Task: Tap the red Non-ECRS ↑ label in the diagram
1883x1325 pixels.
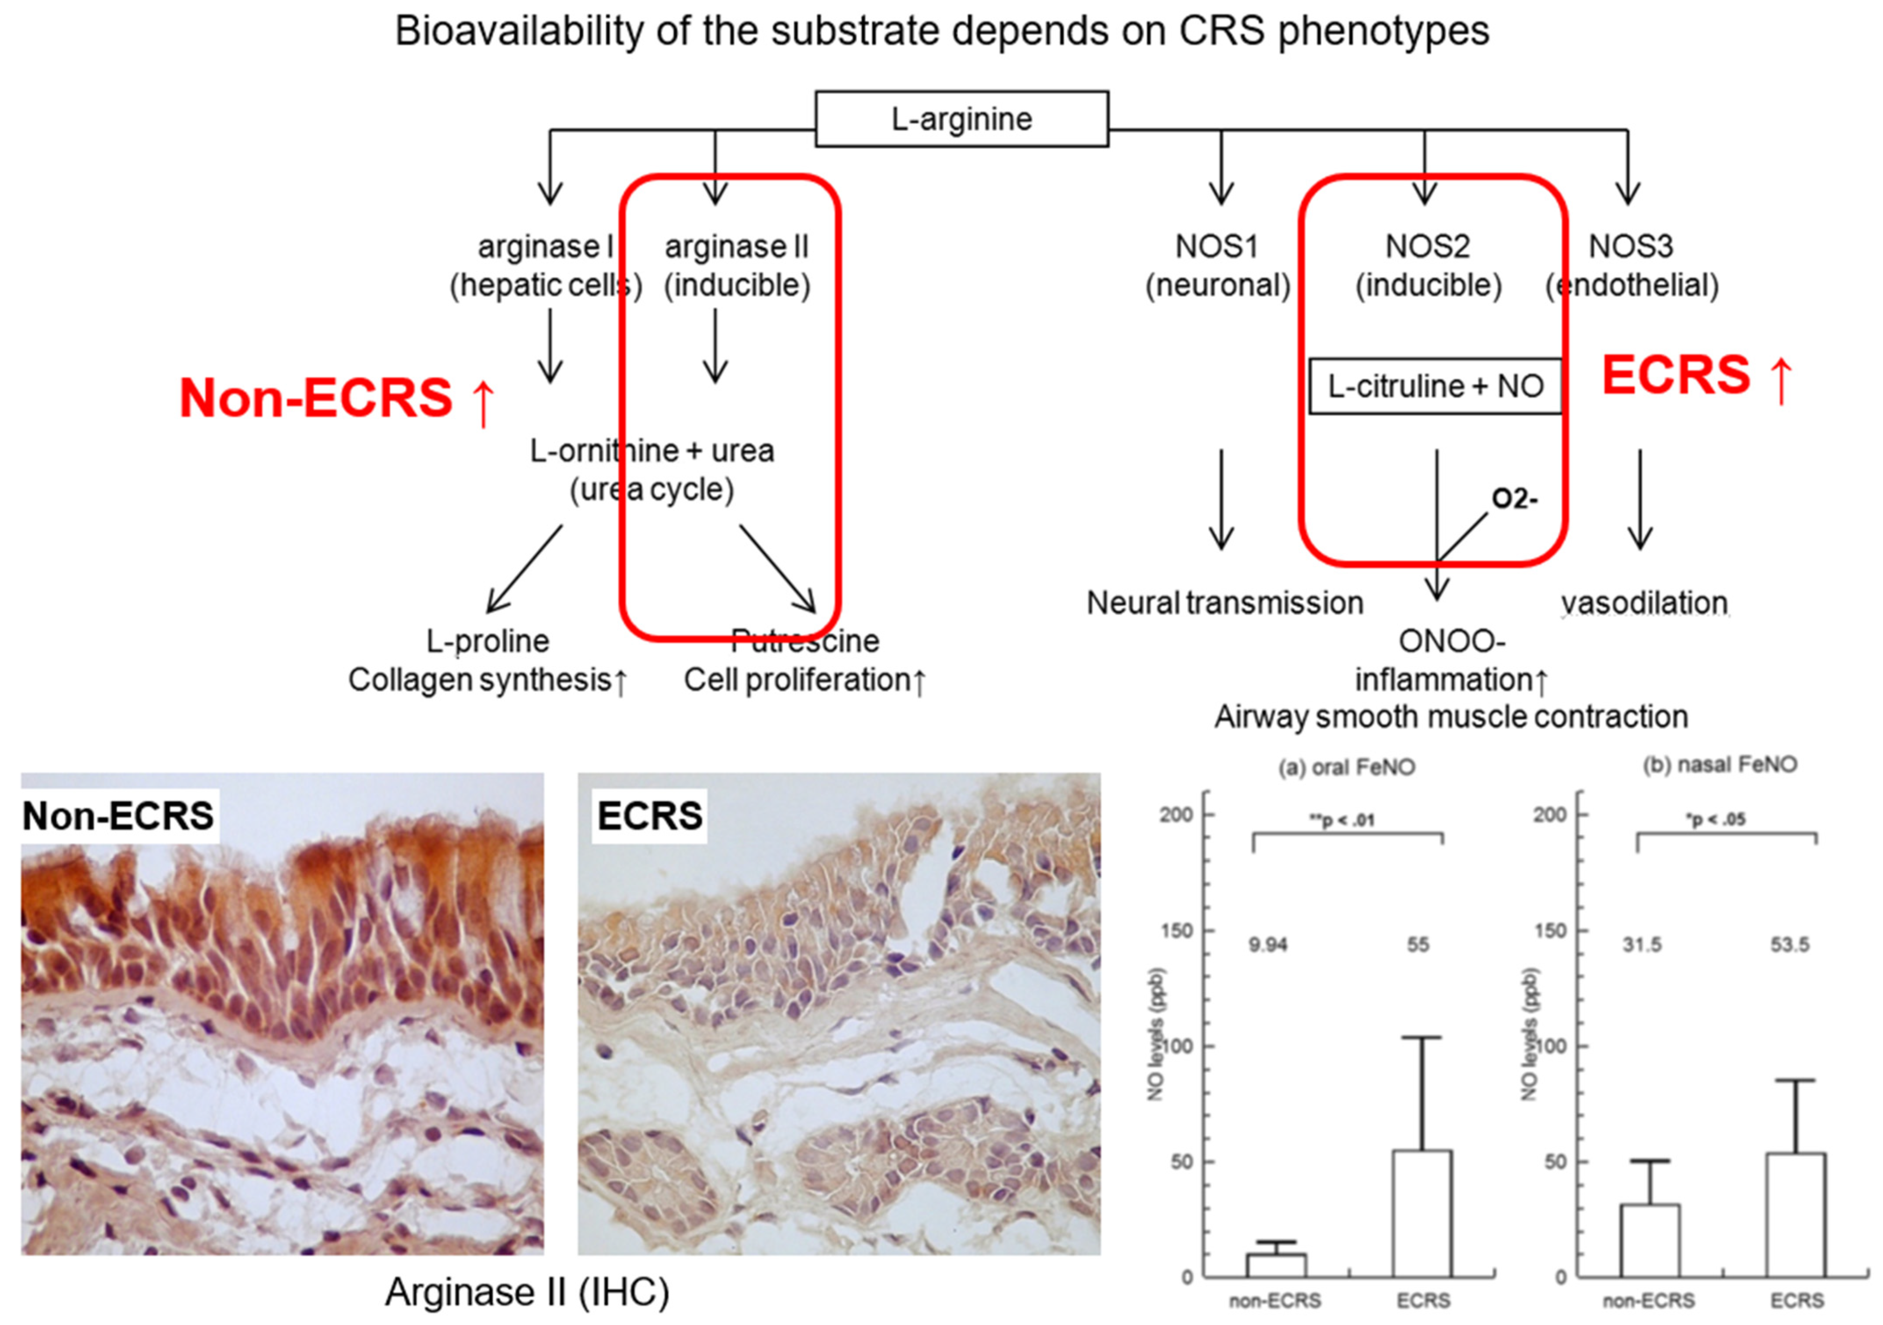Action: [x=337, y=398]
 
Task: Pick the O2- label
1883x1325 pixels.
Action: [x=1514, y=499]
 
